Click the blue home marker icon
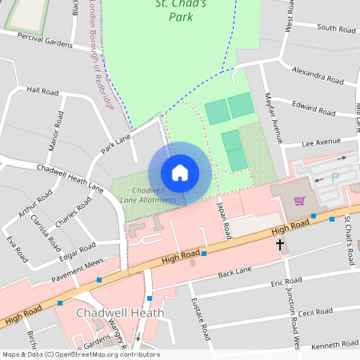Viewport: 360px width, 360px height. point(180,173)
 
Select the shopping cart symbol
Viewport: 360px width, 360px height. point(300,201)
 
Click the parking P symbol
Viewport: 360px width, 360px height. point(335,177)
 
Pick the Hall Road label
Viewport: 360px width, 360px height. point(42,92)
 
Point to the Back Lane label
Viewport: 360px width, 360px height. point(234,274)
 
